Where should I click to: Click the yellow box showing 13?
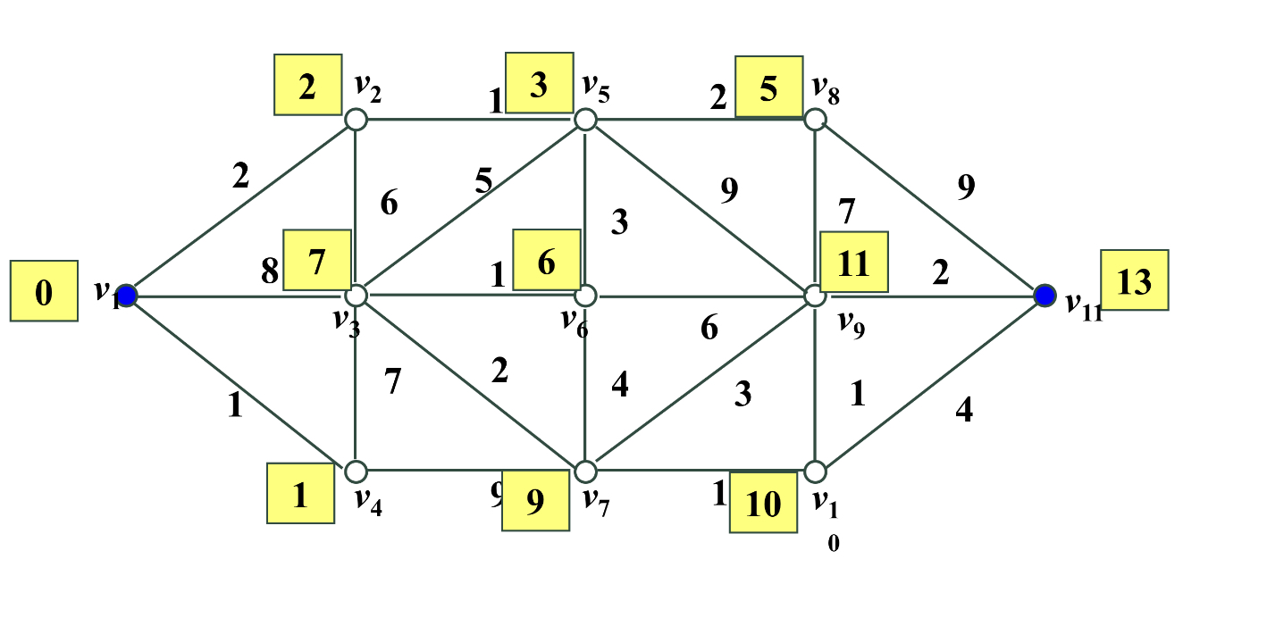click(x=1134, y=280)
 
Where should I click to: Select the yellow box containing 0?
click(x=43, y=291)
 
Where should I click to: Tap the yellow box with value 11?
click(x=853, y=262)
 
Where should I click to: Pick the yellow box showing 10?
click(x=763, y=503)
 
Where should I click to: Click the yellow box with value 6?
click(x=547, y=260)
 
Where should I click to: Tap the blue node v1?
click(x=127, y=295)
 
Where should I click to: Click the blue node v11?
click(x=1045, y=295)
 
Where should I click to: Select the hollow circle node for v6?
click(x=584, y=295)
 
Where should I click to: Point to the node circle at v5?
click(x=584, y=119)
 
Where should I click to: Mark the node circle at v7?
click(x=584, y=471)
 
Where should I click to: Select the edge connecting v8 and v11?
click(x=929, y=206)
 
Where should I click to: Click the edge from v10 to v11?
click(x=929, y=382)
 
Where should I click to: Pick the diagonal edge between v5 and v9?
click(x=700, y=206)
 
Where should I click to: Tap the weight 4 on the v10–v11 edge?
click(x=963, y=410)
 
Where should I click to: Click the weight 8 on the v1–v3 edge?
click(x=270, y=271)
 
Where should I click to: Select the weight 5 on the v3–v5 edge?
click(x=483, y=181)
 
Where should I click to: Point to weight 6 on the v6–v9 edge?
click(x=709, y=329)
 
